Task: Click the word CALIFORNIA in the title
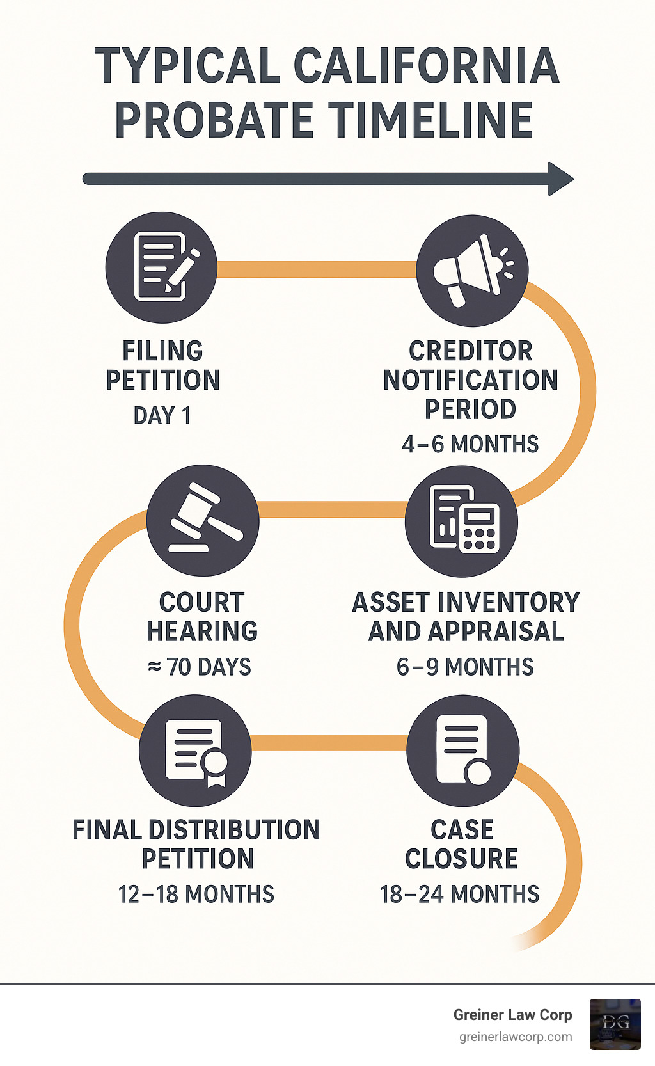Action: click(x=426, y=65)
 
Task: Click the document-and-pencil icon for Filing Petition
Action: click(x=161, y=267)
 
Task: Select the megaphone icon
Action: click(x=472, y=270)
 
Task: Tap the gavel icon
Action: click(x=203, y=520)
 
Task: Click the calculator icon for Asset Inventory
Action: click(x=461, y=520)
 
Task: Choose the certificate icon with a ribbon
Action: click(x=195, y=751)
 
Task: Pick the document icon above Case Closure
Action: click(x=462, y=751)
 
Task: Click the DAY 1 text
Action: click(x=162, y=416)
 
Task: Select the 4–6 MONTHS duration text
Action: click(x=470, y=444)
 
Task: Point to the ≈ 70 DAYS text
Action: click(x=200, y=667)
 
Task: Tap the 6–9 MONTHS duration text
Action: click(x=465, y=667)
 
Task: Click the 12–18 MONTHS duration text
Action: click(x=196, y=894)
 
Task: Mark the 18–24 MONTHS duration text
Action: click(x=459, y=894)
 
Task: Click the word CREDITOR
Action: click(x=470, y=351)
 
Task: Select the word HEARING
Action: click(x=202, y=632)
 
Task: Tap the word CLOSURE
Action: click(x=461, y=859)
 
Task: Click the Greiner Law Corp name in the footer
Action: click(x=512, y=1015)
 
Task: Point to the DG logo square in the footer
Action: click(x=615, y=1024)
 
